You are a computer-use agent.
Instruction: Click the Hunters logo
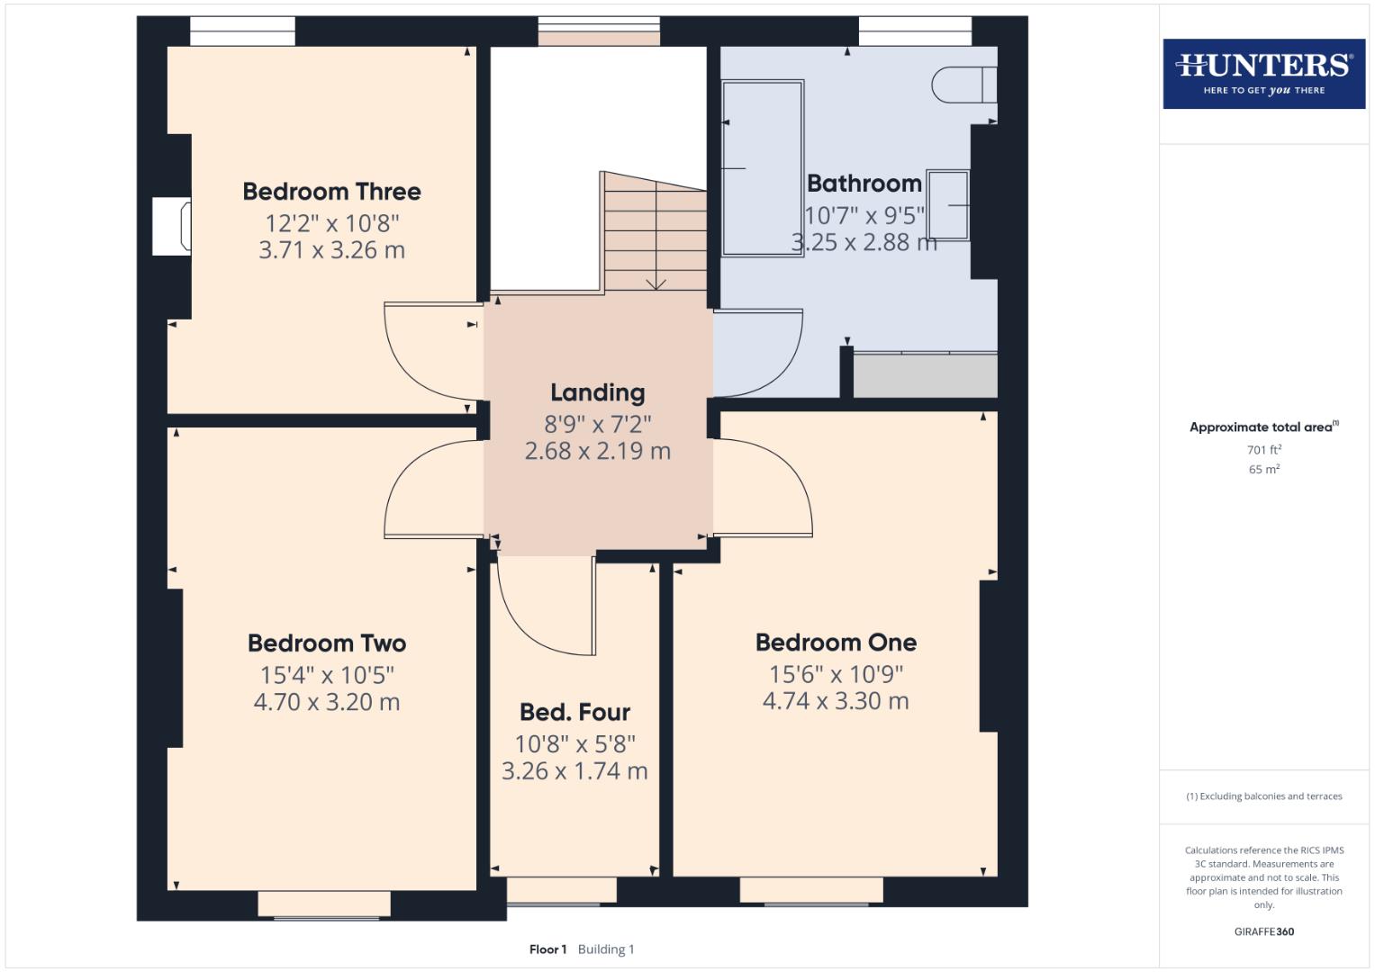tap(1263, 73)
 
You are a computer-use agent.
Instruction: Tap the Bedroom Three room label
tap(331, 192)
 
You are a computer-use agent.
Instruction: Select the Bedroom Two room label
tap(327, 643)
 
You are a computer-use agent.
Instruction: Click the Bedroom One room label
tap(836, 643)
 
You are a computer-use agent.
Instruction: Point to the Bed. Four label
tap(574, 713)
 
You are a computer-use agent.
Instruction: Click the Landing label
tap(598, 393)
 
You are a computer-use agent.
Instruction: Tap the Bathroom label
tap(864, 184)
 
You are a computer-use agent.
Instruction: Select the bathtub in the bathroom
tap(763, 168)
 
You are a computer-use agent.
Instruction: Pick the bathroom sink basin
tap(948, 205)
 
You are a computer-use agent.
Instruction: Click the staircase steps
tap(654, 232)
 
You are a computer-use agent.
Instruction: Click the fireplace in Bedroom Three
tap(172, 227)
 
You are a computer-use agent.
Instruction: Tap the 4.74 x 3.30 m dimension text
tap(836, 702)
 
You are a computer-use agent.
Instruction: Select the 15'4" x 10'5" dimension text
tap(327, 675)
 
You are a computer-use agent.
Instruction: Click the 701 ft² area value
tap(1263, 450)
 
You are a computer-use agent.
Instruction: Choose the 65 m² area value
tap(1263, 470)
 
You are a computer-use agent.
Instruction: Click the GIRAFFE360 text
tap(1263, 932)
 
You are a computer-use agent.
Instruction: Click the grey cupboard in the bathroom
tap(925, 375)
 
